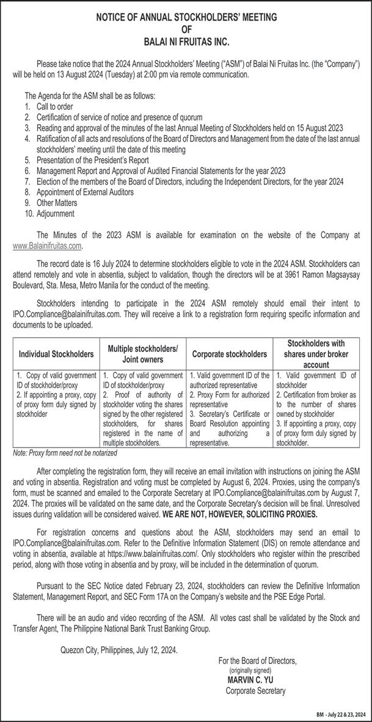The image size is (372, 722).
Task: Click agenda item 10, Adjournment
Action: [55, 214]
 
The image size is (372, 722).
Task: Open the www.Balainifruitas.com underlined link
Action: [47, 246]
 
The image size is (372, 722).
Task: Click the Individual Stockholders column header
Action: [56, 354]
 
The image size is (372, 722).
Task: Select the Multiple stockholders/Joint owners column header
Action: [143, 353]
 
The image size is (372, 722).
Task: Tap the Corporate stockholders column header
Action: [229, 354]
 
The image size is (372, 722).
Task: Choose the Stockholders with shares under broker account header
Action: [315, 353]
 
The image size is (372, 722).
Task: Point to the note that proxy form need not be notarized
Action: [64, 454]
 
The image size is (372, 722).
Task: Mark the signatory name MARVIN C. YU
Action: [250, 679]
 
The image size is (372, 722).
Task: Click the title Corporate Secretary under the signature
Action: [255, 690]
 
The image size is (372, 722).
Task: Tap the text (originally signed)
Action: [249, 670]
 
